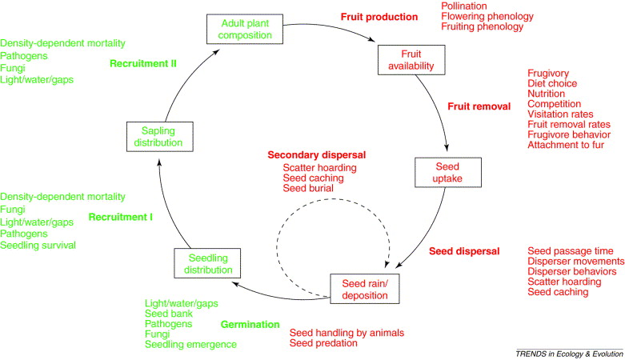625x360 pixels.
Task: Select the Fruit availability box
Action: click(405, 59)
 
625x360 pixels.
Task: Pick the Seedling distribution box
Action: click(208, 265)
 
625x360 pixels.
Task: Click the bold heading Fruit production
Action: click(379, 16)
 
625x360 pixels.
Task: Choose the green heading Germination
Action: click(250, 326)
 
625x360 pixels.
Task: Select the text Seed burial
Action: click(308, 189)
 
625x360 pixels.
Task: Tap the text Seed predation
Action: click(323, 343)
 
